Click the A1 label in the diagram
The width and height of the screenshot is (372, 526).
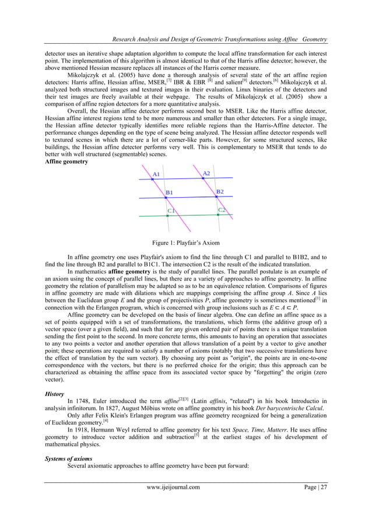[x=156, y=174]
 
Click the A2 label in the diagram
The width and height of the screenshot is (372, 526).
[x=206, y=173]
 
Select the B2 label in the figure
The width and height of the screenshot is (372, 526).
[x=220, y=191]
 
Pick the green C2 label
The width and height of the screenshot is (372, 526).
[x=222, y=209]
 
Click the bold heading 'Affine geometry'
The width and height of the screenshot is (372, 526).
[x=66, y=162]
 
